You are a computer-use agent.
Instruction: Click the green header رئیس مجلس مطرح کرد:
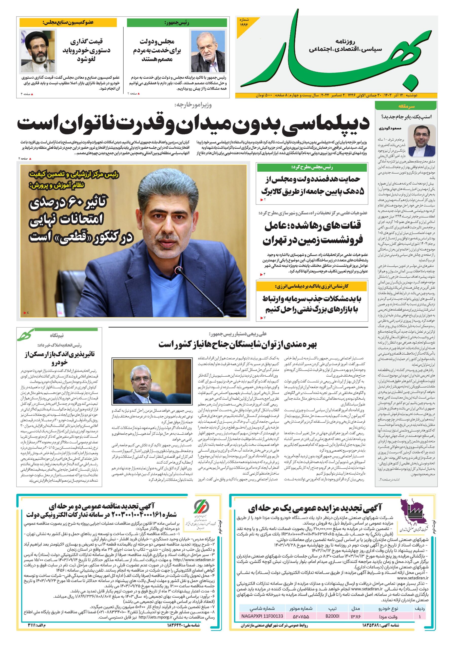(312, 168)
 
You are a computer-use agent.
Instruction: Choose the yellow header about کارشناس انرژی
(312, 286)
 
